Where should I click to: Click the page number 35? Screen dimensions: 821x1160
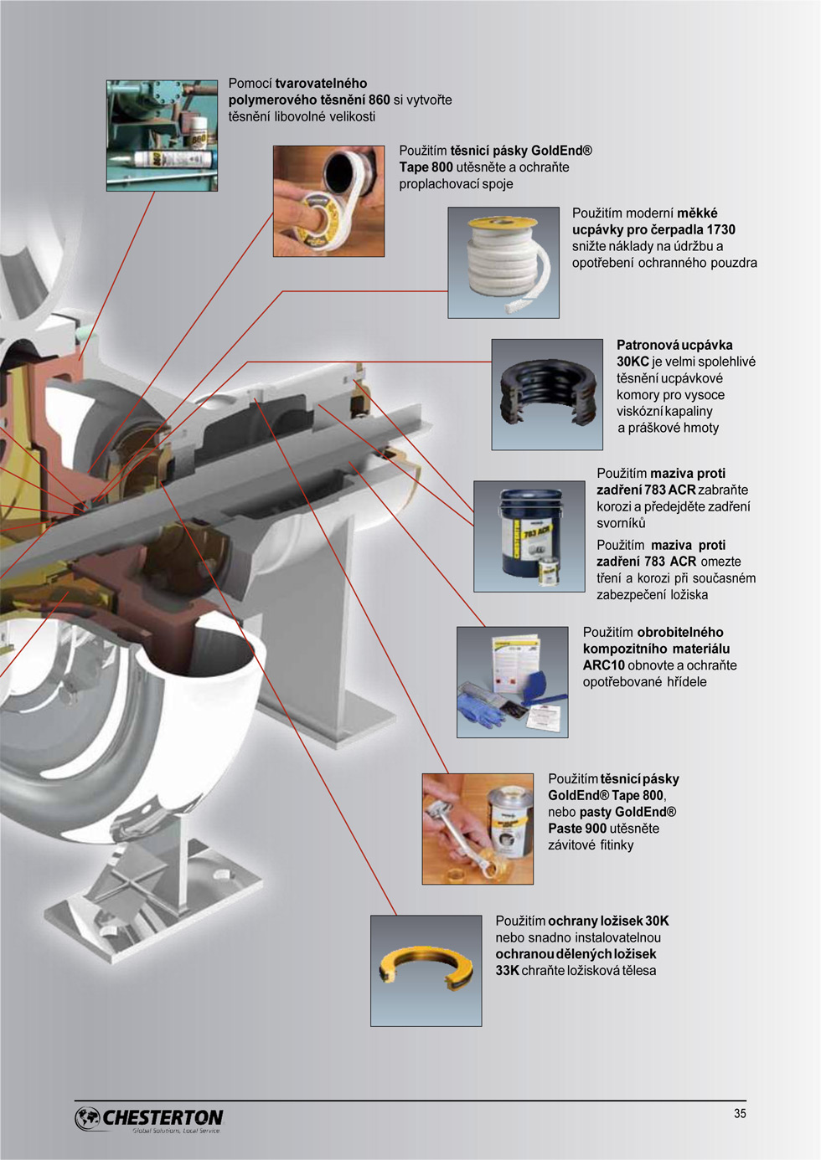(740, 1113)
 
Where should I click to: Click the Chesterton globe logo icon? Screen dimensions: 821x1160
(87, 1118)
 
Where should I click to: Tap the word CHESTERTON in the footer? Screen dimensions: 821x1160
(163, 1117)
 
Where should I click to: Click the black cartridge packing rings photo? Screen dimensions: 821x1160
(547, 394)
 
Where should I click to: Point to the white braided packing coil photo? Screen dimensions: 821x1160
(503, 263)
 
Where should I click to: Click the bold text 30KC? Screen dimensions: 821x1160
(633, 362)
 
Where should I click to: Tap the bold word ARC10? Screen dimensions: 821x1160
(604, 665)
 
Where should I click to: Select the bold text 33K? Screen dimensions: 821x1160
(508, 971)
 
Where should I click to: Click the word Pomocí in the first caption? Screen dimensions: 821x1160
(250, 84)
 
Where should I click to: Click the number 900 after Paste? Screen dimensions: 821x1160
(596, 828)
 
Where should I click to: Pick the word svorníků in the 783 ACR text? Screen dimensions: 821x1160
(621, 523)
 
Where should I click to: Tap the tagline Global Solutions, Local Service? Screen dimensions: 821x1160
(176, 1131)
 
